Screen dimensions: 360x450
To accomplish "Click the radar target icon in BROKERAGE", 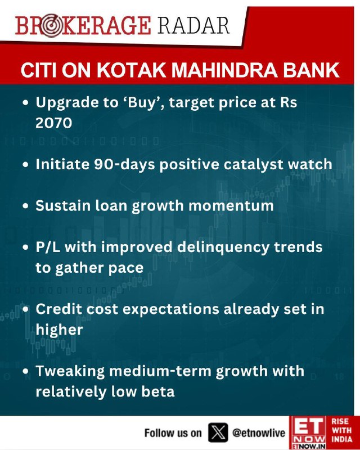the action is pos(52,26).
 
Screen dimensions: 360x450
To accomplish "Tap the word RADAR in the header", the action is pos(193,25).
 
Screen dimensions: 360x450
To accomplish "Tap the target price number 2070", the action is pos(53,123).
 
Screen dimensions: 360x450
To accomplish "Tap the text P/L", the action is pos(48,247).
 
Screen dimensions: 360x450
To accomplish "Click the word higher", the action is pos(59,330).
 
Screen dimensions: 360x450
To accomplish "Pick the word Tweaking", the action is pos(70,371).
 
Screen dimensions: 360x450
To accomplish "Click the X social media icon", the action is pos(218,433).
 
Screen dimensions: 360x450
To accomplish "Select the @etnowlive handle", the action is pos(259,433).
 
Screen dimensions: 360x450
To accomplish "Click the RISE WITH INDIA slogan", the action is pos(341,430).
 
